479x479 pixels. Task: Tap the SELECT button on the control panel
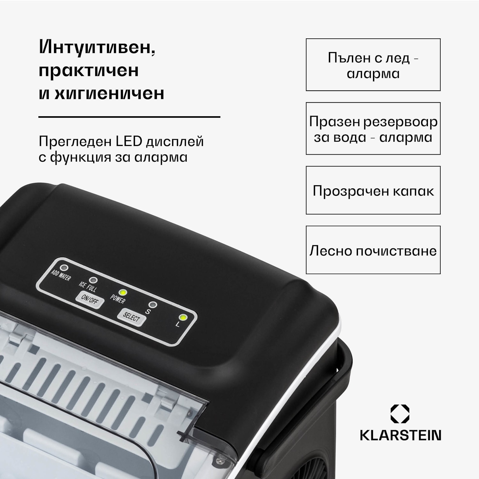click(131, 317)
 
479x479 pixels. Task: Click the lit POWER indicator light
click(122, 293)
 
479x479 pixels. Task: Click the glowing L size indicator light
click(183, 318)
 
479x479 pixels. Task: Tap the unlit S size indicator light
click(153, 305)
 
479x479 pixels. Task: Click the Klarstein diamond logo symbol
click(400, 414)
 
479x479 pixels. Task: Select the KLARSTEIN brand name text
click(400, 435)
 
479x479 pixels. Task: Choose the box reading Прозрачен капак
click(373, 190)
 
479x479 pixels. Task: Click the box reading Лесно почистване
click(373, 250)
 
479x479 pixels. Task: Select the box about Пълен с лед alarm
click(373, 65)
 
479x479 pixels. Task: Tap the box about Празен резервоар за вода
click(373, 129)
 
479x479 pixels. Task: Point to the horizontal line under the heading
click(129, 117)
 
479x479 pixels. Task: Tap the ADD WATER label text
click(61, 276)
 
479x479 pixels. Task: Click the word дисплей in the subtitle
click(175, 141)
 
